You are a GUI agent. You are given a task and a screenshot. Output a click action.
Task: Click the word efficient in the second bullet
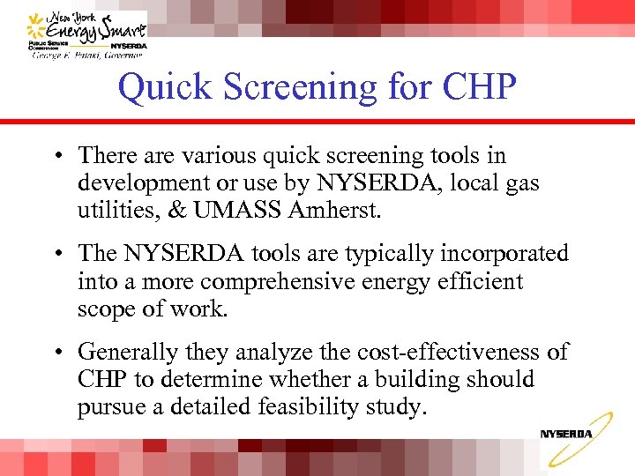tap(477, 282)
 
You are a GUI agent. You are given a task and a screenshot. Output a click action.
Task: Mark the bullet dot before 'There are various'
tap(56, 157)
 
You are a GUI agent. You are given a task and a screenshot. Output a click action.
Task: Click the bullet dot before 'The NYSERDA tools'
tap(56, 255)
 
